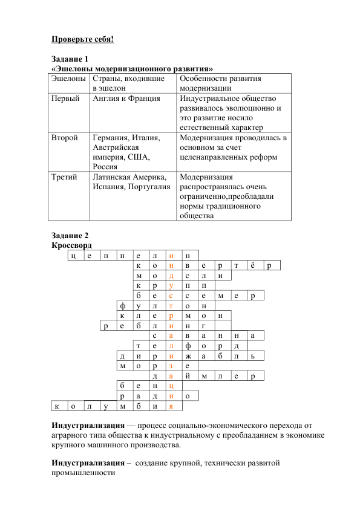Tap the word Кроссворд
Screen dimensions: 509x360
point(71,245)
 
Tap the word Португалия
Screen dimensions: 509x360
point(149,187)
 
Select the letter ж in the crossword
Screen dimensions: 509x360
point(188,356)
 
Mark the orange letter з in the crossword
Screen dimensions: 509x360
point(172,366)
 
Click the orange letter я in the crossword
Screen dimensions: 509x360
point(172,406)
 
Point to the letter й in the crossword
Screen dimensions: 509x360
point(188,376)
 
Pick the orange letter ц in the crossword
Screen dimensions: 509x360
point(172,386)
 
